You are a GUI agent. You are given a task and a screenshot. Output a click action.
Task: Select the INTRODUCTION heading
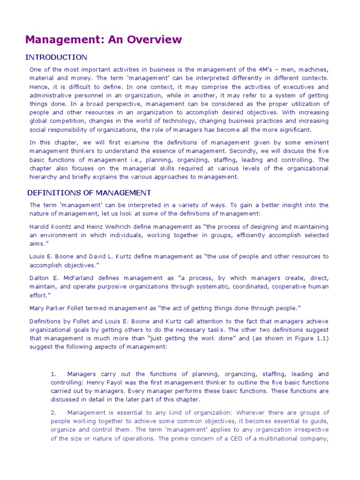coord(56,57)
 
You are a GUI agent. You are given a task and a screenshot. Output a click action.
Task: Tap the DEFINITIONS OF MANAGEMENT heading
coord(89,193)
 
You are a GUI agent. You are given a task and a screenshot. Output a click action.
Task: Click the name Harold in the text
coord(40,226)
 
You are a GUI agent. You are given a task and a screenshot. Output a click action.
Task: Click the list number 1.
coord(53,374)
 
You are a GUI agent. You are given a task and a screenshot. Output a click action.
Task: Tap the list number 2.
coord(53,412)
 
